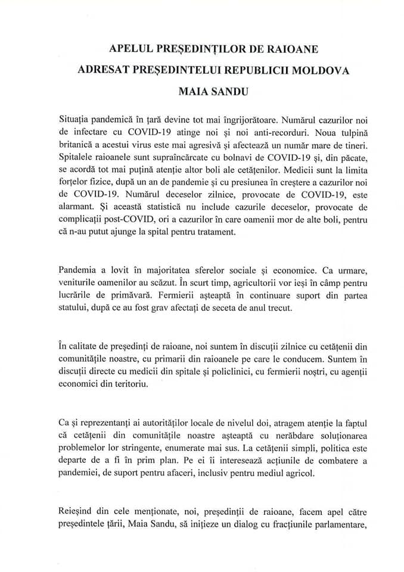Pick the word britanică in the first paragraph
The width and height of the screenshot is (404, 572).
[79, 142]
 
